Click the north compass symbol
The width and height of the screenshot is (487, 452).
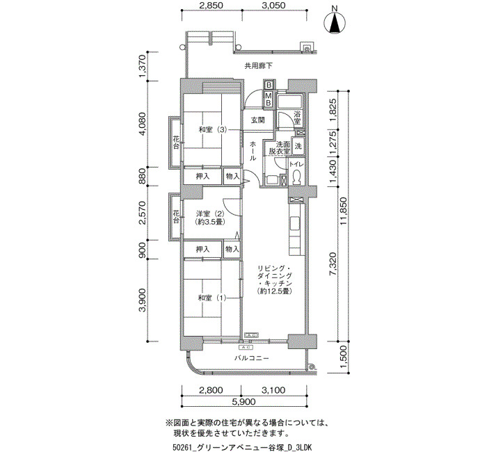tap(335, 22)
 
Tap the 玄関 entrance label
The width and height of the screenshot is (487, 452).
tap(258, 120)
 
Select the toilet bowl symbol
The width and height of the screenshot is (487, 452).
tap(296, 178)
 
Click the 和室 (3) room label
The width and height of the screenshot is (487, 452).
tap(213, 129)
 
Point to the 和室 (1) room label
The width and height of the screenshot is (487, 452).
tap(212, 298)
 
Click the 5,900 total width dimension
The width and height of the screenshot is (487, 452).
tap(243, 402)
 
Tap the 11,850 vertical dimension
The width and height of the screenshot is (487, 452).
tap(343, 211)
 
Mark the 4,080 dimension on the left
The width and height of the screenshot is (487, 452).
tap(142, 124)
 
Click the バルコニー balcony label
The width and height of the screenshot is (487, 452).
tap(251, 358)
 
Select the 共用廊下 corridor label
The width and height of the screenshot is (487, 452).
tap(259, 66)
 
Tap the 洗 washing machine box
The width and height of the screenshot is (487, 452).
tap(298, 145)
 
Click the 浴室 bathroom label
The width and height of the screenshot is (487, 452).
tap(297, 118)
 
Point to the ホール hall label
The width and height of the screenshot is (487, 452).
tap(253, 151)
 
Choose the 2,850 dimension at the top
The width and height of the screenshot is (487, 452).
tap(211, 6)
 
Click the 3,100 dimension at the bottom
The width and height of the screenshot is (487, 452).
tap(273, 390)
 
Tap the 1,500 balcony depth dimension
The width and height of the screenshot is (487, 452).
tap(343, 357)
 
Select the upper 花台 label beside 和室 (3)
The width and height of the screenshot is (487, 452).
tap(176, 142)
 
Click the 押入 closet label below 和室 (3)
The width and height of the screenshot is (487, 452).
tap(203, 177)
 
